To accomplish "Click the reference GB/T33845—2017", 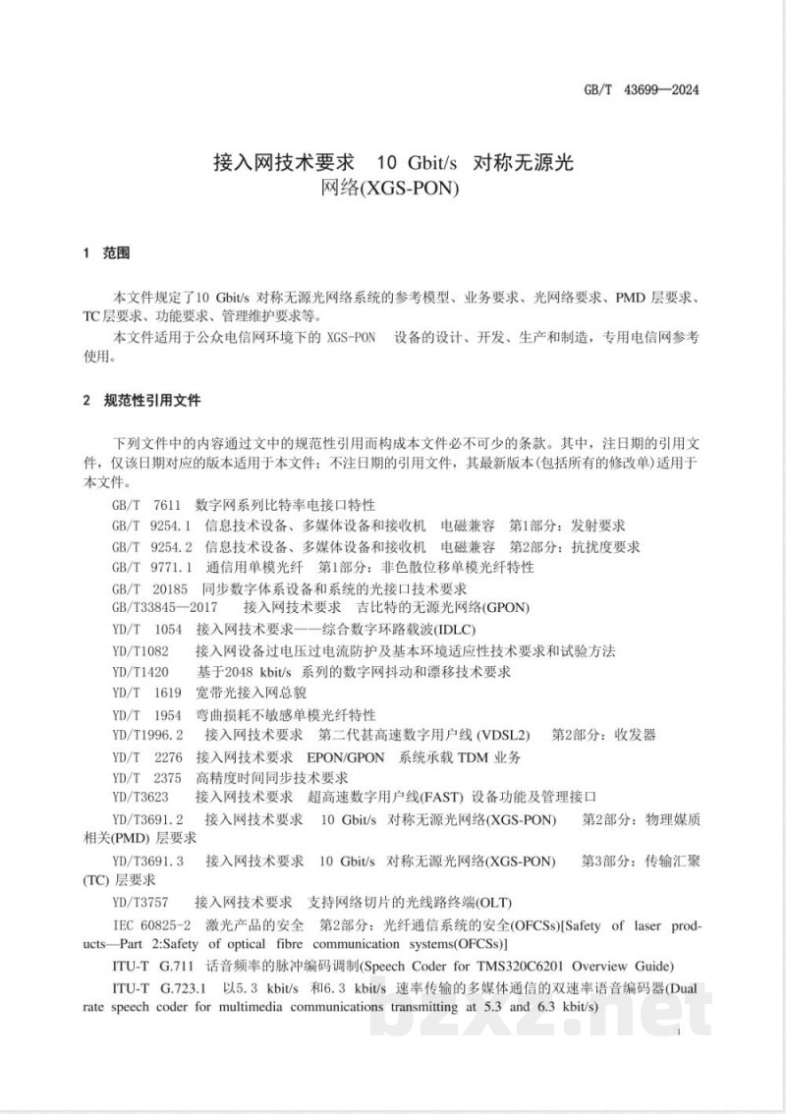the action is point(165,609).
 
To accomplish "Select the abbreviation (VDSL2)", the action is point(502,734).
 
